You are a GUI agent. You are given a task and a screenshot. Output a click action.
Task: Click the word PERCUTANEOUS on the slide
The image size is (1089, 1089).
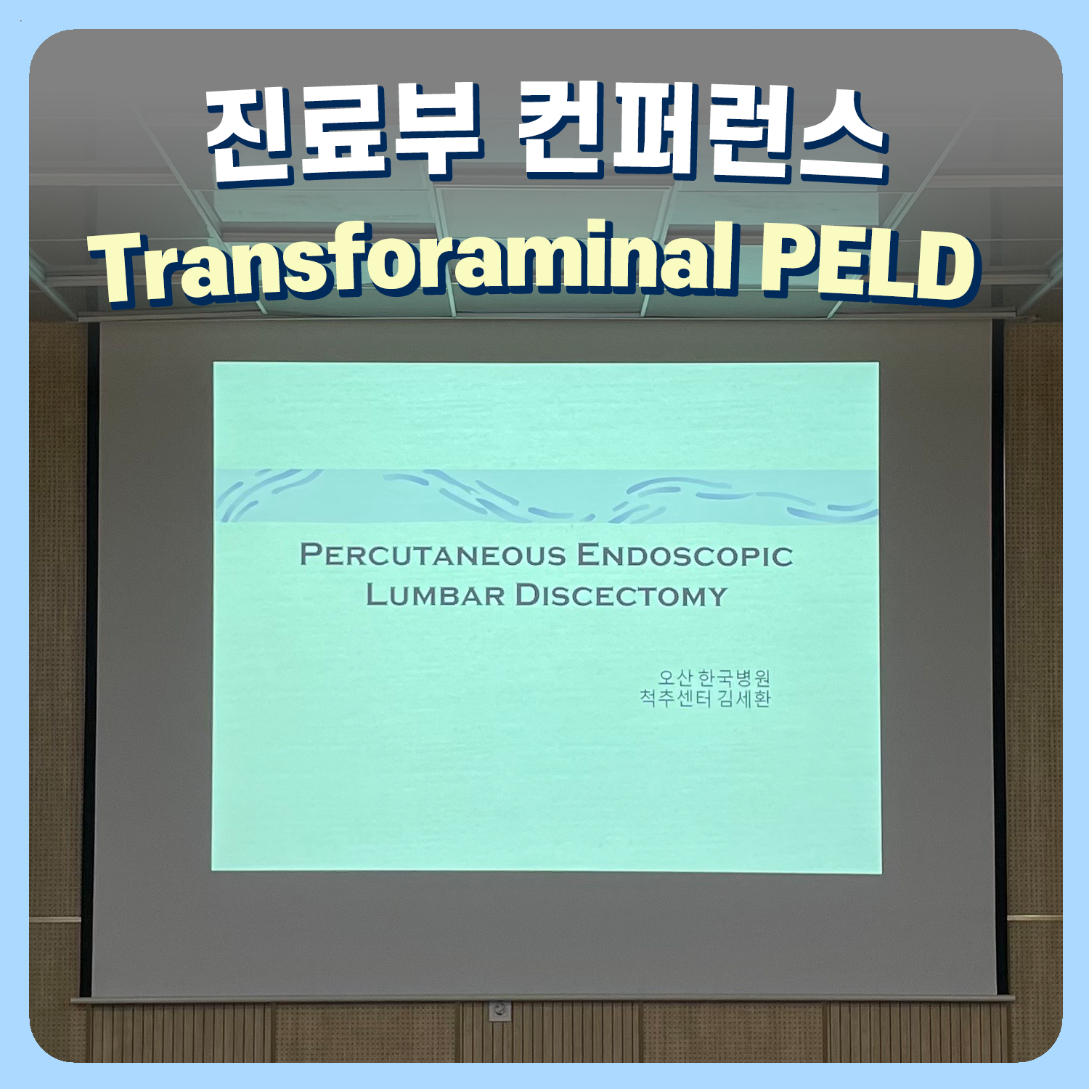[x=433, y=555]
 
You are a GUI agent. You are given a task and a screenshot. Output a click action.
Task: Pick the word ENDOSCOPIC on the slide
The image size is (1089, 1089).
[x=685, y=556]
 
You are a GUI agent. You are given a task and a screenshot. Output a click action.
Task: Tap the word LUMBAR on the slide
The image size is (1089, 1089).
[x=436, y=595]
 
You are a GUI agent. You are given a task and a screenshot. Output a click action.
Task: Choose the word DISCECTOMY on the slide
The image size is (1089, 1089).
[x=621, y=595]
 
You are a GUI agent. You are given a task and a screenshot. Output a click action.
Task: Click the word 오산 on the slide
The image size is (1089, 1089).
[x=674, y=678]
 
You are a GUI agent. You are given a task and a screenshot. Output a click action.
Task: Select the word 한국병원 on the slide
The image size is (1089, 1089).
[x=734, y=678]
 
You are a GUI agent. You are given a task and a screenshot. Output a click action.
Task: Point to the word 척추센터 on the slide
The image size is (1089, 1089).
[x=675, y=698]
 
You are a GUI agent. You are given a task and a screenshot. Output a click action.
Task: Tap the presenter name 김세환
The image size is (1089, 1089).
[x=744, y=698]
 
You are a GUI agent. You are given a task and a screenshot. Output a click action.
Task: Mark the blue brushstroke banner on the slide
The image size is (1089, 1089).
[x=547, y=496]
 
